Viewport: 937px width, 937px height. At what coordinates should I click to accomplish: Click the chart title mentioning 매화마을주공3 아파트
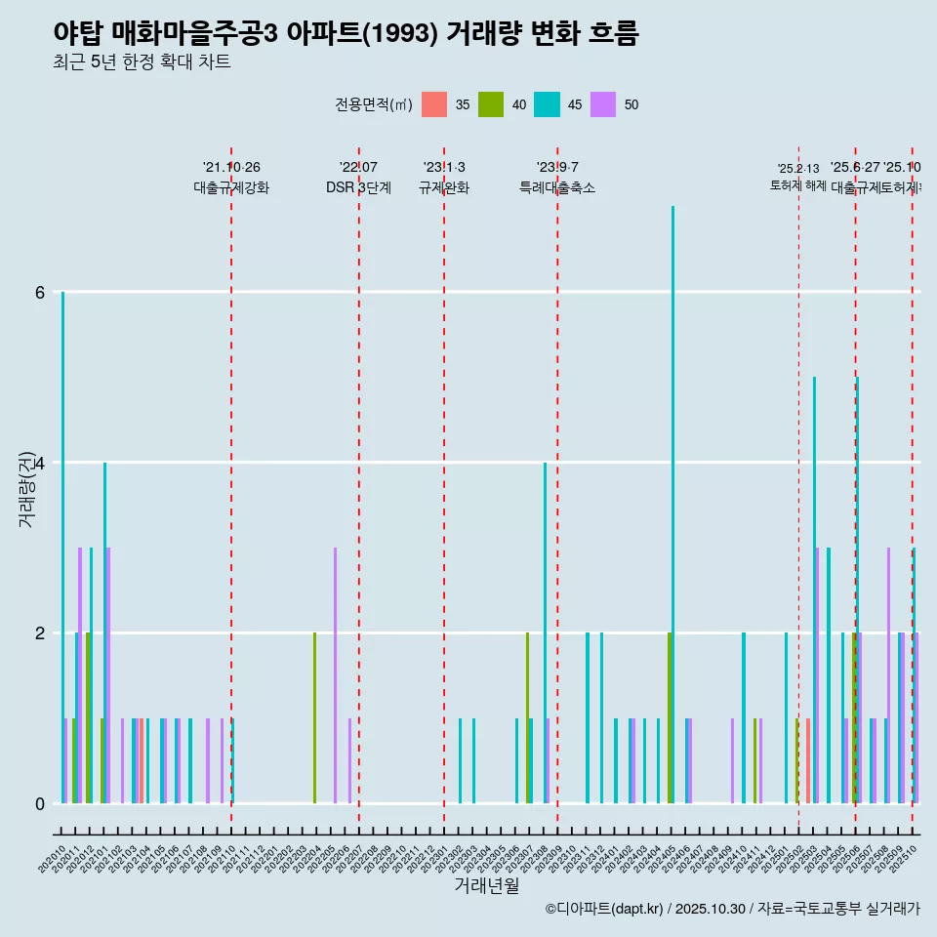346,34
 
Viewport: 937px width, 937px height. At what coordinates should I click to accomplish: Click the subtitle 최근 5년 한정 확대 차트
142,63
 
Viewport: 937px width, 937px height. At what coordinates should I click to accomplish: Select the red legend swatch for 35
434,104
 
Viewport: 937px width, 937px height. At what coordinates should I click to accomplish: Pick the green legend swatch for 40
491,104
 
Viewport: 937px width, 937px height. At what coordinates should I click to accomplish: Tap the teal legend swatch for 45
547,104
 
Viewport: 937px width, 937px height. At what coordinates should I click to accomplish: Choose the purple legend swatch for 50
603,104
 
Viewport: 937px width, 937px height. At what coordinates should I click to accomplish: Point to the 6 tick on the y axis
39,292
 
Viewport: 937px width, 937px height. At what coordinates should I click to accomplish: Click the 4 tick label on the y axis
39,463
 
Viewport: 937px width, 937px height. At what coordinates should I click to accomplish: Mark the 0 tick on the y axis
39,803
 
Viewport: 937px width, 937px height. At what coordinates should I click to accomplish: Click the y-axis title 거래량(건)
26,489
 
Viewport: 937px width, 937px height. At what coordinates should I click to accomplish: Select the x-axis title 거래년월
486,885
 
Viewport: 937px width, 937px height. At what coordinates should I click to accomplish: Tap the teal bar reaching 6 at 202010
62,547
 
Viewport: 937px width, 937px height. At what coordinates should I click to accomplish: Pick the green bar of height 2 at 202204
314,717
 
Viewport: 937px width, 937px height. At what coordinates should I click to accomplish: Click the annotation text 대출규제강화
231,187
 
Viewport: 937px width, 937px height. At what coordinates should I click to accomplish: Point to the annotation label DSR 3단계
358,187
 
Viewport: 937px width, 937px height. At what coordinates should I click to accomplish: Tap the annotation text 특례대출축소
557,187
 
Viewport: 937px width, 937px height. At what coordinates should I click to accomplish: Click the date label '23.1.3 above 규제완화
444,168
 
